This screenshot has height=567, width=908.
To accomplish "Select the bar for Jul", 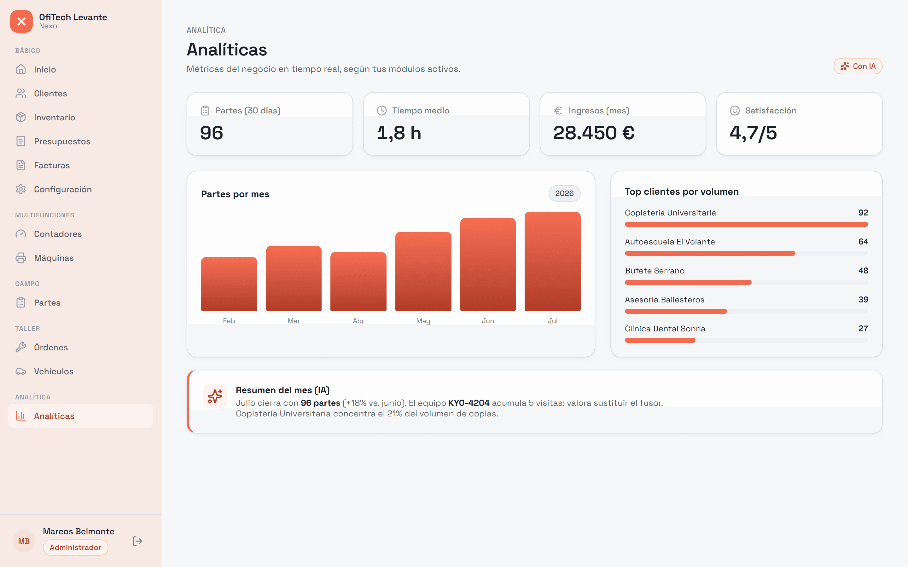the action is [552, 261].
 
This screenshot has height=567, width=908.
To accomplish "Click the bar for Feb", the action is [229, 284].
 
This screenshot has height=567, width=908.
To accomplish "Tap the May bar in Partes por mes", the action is [423, 272].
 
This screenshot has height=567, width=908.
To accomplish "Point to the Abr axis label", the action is [358, 321].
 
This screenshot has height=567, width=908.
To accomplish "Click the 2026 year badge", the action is [564, 193].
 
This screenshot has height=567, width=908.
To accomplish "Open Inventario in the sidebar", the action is [55, 117].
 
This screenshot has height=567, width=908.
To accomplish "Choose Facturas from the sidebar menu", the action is [52, 165].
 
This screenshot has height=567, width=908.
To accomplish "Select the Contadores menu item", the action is [58, 234].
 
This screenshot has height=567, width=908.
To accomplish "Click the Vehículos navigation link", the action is [54, 371].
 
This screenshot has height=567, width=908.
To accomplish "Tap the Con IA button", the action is [858, 66].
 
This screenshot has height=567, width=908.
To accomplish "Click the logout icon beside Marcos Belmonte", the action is [137, 541].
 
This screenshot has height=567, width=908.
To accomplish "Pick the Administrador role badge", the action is [75, 547].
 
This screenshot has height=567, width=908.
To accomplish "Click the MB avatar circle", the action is [24, 541].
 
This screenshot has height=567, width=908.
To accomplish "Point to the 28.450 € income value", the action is [594, 133].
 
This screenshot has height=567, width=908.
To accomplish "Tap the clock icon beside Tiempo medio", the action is [381, 111].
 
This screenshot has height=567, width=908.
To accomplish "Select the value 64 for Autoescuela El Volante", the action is [863, 242].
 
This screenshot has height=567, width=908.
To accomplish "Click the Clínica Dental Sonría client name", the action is [665, 329].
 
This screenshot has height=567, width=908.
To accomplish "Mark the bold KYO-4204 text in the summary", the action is [469, 403].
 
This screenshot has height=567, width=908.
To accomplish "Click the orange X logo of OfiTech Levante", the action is [21, 21].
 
